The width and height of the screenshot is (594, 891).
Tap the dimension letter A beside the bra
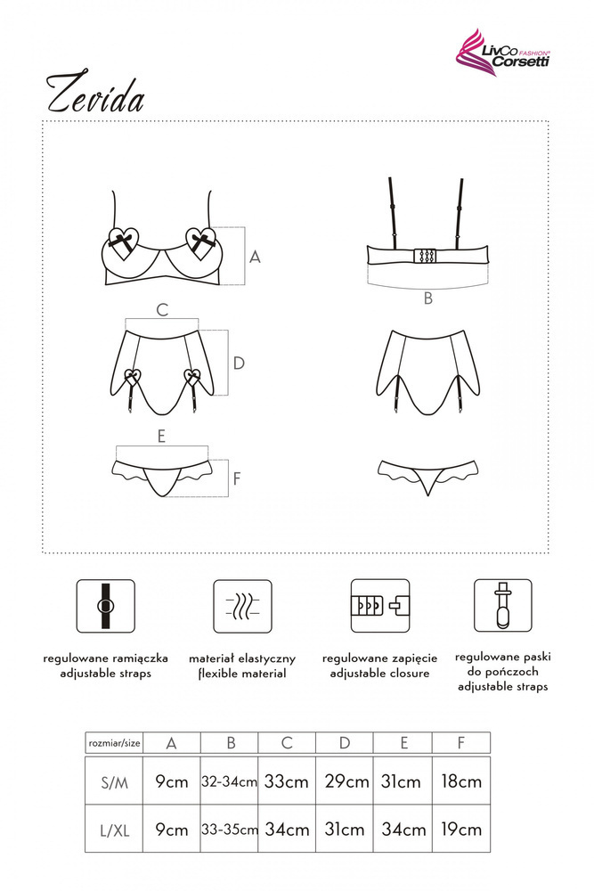255,257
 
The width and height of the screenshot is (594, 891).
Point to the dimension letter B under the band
428,298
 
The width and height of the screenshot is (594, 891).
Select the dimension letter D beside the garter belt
239,364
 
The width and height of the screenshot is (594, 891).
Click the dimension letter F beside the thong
237,478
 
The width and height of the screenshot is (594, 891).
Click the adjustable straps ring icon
106,606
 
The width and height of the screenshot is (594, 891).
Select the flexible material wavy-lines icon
242,606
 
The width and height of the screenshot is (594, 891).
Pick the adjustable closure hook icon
380,606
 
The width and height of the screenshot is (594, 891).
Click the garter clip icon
503,606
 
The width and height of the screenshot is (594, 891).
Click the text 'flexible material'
242,674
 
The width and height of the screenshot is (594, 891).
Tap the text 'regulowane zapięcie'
380,658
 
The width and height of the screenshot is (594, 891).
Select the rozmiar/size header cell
114,743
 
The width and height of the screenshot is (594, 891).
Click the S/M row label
114,783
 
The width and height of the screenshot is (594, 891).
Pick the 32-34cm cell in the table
230,781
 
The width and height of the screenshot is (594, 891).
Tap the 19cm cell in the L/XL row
461,829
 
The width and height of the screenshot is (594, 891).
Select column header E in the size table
403,743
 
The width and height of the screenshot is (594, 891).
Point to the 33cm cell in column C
286,781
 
